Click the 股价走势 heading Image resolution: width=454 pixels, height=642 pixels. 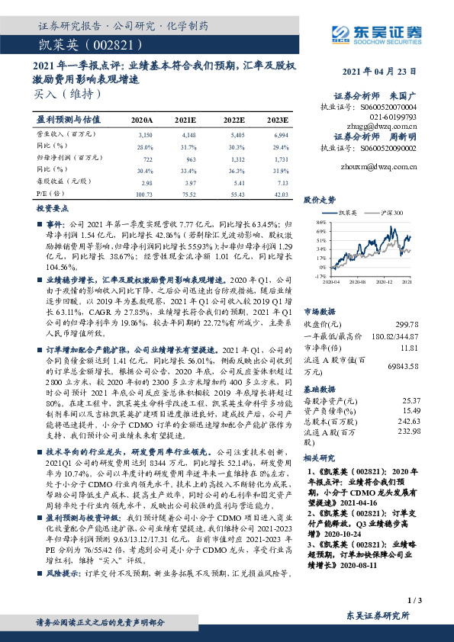(320, 200)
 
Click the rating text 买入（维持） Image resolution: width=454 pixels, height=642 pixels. (67, 95)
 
